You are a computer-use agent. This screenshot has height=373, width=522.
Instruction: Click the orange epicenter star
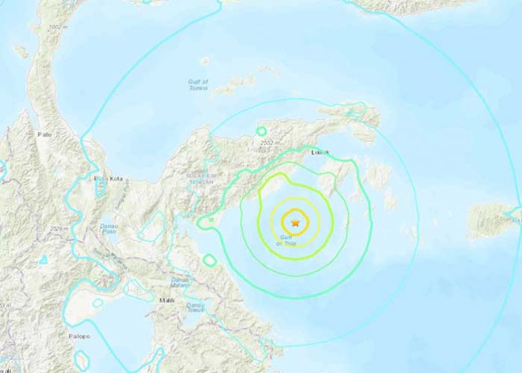[295, 222]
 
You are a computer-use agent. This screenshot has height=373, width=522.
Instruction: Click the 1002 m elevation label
[55, 27]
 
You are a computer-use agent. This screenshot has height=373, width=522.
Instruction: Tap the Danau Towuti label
[196, 306]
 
